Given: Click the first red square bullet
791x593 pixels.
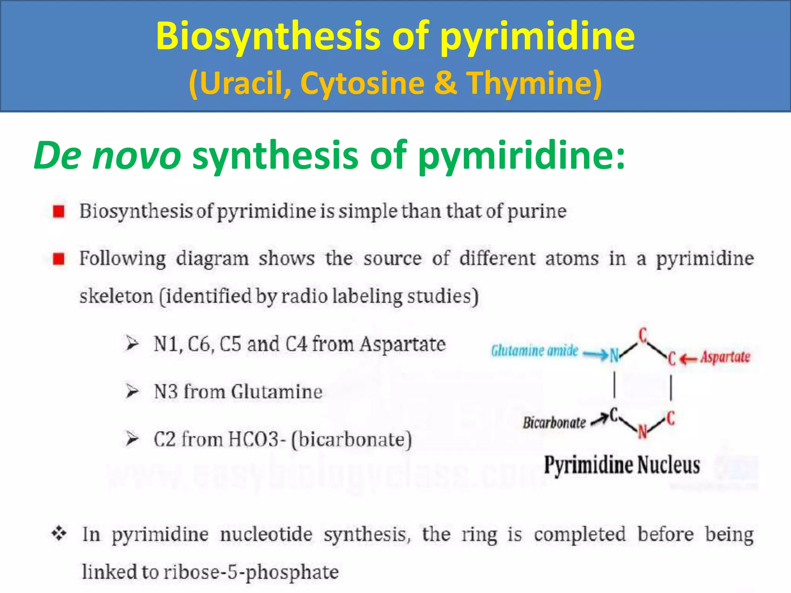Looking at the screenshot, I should (x=59, y=212).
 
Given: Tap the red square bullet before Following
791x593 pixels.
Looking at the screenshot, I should (x=59, y=259).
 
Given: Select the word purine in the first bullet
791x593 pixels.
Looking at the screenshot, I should (x=536, y=211).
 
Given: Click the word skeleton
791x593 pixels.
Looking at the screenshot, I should (x=116, y=296).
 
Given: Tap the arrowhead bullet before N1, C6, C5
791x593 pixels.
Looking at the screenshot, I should (x=132, y=343).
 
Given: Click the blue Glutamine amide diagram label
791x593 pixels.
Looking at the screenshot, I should (x=535, y=351).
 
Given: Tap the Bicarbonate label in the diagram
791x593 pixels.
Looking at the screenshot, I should (x=554, y=423).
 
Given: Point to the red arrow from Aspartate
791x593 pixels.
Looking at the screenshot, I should (x=688, y=359).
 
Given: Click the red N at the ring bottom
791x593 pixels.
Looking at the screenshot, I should (x=642, y=432).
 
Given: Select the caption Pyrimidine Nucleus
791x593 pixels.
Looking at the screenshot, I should (x=622, y=465).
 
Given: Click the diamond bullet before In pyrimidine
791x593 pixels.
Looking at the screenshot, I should (x=59, y=534).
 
